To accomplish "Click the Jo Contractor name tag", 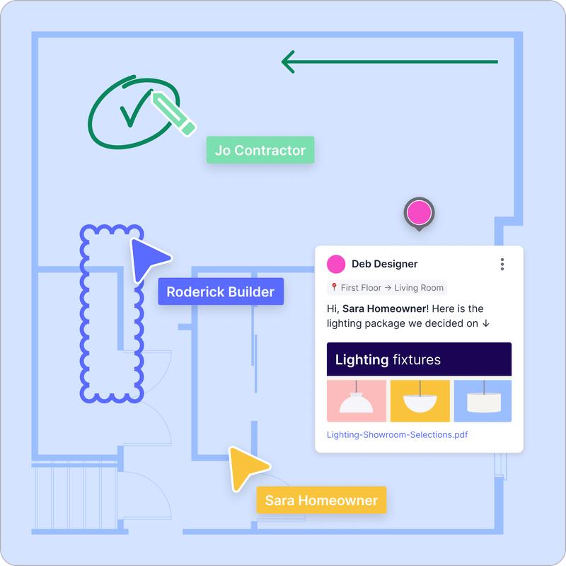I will [260, 150].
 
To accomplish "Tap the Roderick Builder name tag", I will [221, 291].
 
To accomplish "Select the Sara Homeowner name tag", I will [321, 500].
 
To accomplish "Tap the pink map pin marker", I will [419, 212].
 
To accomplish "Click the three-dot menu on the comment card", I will [502, 264].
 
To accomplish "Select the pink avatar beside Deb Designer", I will [336, 264].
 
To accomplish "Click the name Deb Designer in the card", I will [384, 264].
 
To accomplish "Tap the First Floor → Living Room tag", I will [387, 287].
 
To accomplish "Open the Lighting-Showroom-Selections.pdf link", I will [397, 434].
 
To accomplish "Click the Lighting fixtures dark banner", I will [419, 359].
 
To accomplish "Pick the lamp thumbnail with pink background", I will [357, 401].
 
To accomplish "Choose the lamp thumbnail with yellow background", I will [420, 401].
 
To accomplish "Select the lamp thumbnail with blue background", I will [483, 401].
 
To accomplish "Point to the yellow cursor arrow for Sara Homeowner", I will [247, 467].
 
